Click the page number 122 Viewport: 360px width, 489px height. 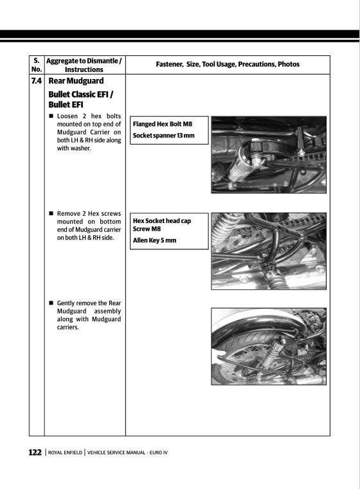tap(35, 452)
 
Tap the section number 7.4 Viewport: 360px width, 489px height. tap(37, 82)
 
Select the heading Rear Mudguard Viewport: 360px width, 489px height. tap(76, 82)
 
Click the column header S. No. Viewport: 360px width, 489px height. tap(37, 64)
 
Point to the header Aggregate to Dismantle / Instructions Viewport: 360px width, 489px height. tap(84, 64)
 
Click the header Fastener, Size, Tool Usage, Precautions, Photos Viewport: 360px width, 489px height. tap(228, 64)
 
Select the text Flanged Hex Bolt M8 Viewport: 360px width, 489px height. tap(162, 123)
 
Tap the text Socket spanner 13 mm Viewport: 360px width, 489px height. tap(163, 136)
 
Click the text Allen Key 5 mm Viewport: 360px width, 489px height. tap(154, 240)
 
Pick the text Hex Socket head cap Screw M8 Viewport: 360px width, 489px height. tap(161, 224)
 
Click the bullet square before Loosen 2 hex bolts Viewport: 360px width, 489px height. tap(51, 116)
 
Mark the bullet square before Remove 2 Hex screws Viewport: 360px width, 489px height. tap(51, 213)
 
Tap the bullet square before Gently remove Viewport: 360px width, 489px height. tap(51, 303)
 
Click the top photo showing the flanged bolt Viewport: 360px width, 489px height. tap(269, 154)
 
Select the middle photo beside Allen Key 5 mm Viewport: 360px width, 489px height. tap(269, 251)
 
